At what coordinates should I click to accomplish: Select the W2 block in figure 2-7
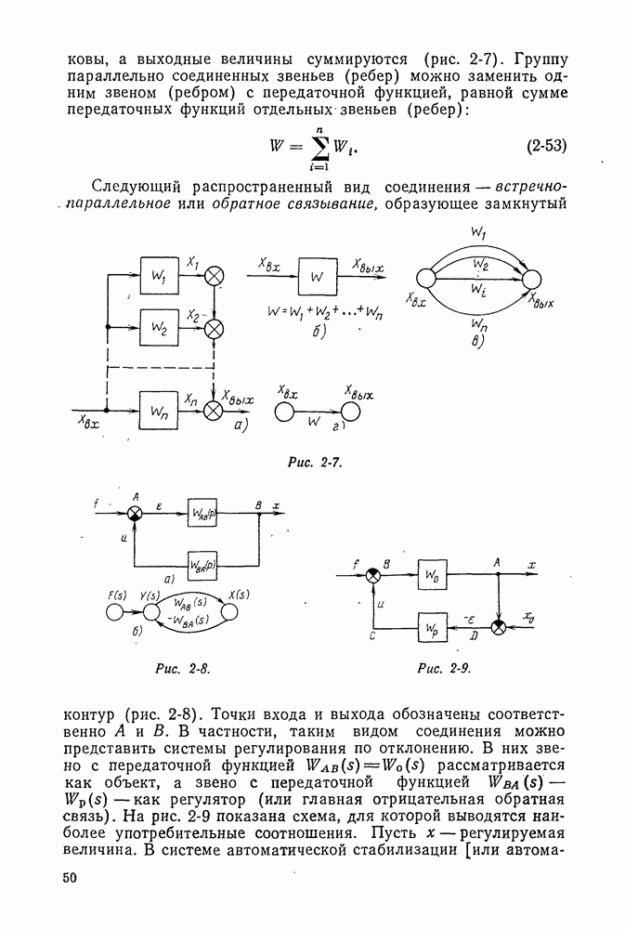point(158,328)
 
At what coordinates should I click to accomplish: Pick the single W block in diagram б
point(318,277)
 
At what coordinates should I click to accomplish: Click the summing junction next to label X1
point(215,276)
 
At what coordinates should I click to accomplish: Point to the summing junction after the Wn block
point(215,407)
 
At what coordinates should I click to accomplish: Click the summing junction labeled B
point(373,576)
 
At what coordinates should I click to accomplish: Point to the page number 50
point(71,879)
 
